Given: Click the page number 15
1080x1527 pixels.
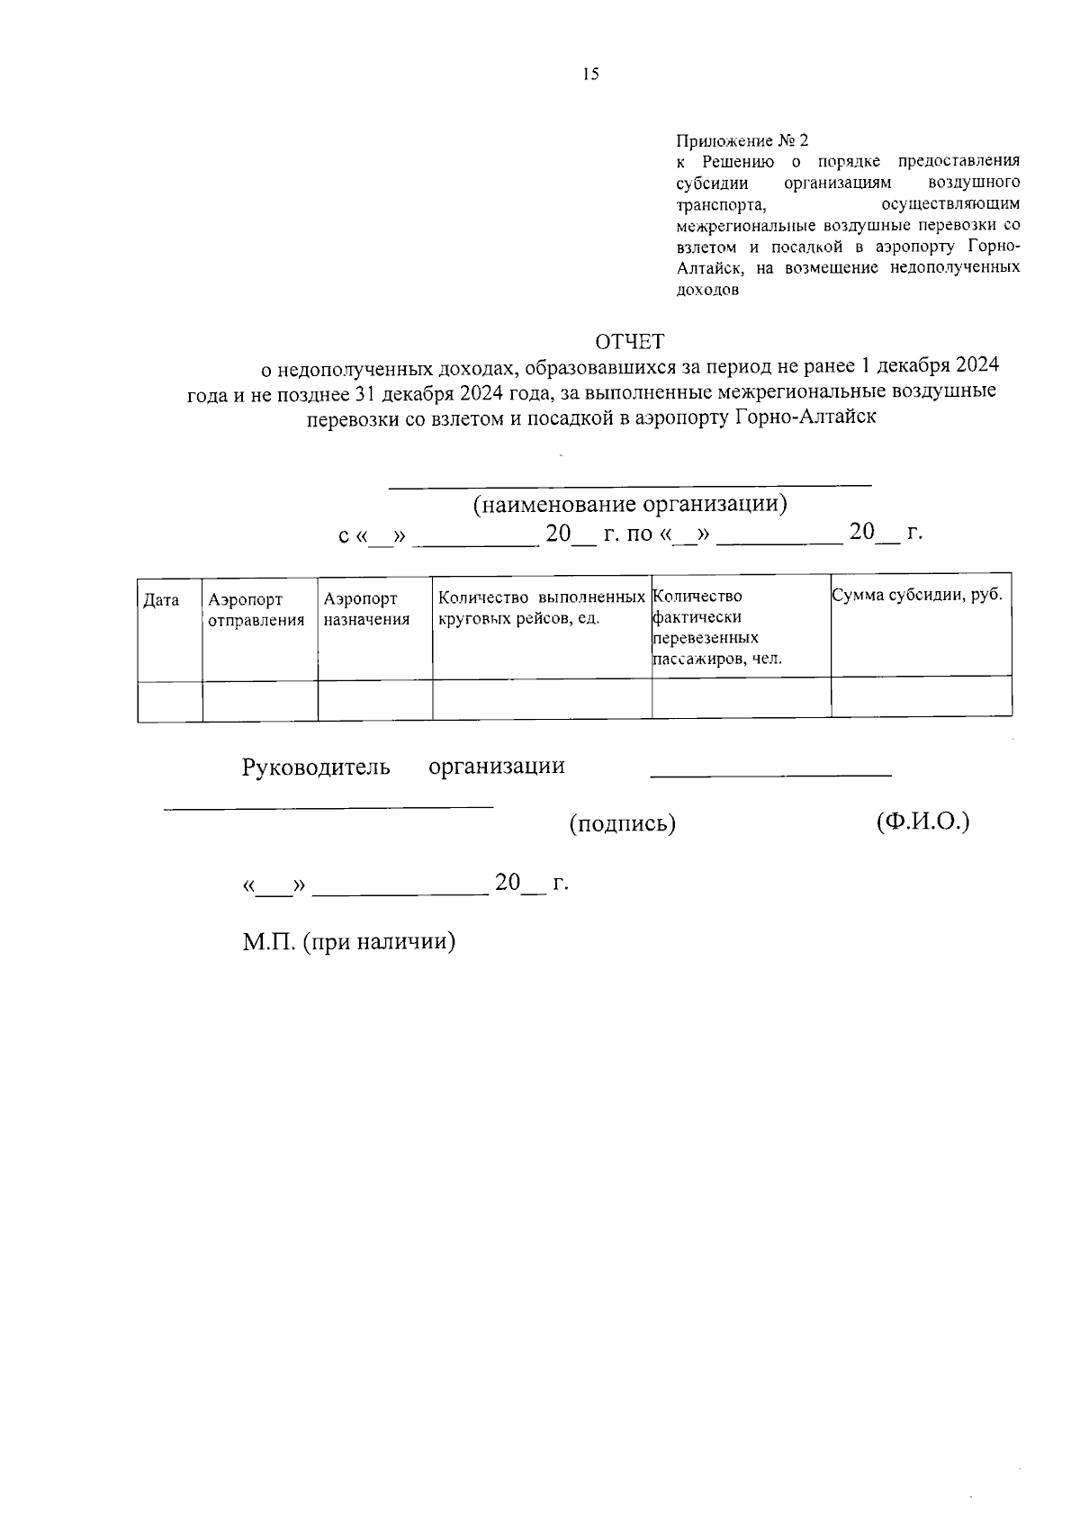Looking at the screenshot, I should click(x=590, y=75).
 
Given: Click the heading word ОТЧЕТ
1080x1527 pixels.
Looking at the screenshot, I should click(x=629, y=341).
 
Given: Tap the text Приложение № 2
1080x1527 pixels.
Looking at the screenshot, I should click(x=742, y=141).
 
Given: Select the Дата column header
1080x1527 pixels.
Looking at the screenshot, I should click(x=161, y=600).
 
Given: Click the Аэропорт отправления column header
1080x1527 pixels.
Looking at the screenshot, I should click(x=256, y=609).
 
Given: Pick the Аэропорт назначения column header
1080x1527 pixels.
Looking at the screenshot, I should click(x=366, y=609).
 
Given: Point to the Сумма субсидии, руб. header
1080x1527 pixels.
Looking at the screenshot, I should click(x=917, y=595).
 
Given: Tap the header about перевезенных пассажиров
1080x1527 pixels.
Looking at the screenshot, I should click(x=716, y=627).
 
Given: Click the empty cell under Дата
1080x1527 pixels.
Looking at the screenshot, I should click(x=170, y=700).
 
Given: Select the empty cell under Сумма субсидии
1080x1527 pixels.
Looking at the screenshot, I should click(x=921, y=698).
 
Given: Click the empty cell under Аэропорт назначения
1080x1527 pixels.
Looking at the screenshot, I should click(x=374, y=700).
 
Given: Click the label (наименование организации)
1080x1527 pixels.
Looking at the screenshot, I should click(x=630, y=504).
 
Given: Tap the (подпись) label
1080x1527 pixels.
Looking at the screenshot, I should click(x=622, y=822).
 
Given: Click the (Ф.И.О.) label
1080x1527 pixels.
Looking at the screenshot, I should click(x=922, y=821).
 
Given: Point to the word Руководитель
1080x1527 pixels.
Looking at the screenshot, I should click(x=316, y=767).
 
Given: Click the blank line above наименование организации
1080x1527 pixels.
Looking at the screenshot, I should click(x=630, y=484).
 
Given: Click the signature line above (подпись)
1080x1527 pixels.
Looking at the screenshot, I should click(x=770, y=774).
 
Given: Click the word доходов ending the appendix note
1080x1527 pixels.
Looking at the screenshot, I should click(x=707, y=291).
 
